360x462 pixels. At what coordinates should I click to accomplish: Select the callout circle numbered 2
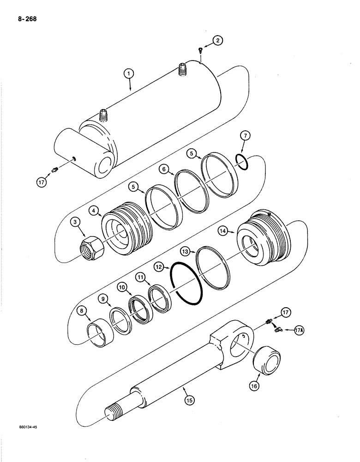pyautogui.click(x=218, y=41)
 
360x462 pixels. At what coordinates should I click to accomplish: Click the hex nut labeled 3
pyautogui.click(x=92, y=242)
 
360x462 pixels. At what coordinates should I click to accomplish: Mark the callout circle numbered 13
pyautogui.click(x=186, y=251)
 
